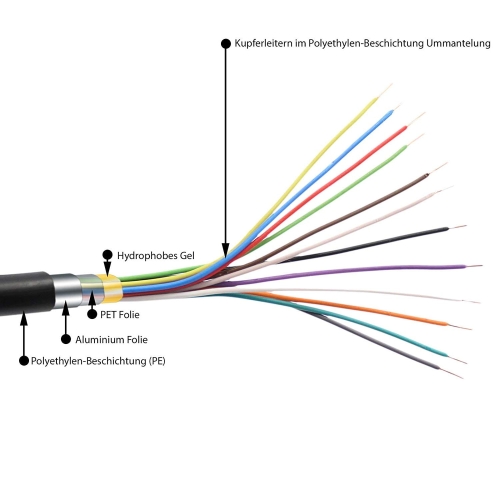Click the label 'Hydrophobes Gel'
pos(156,256)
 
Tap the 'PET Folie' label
pos(120,315)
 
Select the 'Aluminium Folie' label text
pos(111,340)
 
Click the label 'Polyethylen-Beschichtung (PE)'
pos(98,361)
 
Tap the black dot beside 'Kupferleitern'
pos(226,43)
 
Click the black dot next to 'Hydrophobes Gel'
pos(107,255)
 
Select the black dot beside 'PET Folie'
pos(92,314)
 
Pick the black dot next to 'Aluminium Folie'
pos(66,339)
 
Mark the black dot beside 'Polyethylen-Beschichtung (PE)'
pos(24,361)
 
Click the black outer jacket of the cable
pos(25,294)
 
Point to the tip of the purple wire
pos(482,266)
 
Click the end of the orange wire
pos(471,329)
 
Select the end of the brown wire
pos(447,164)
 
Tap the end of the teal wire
pos(466,363)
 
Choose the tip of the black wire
pos(466,226)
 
